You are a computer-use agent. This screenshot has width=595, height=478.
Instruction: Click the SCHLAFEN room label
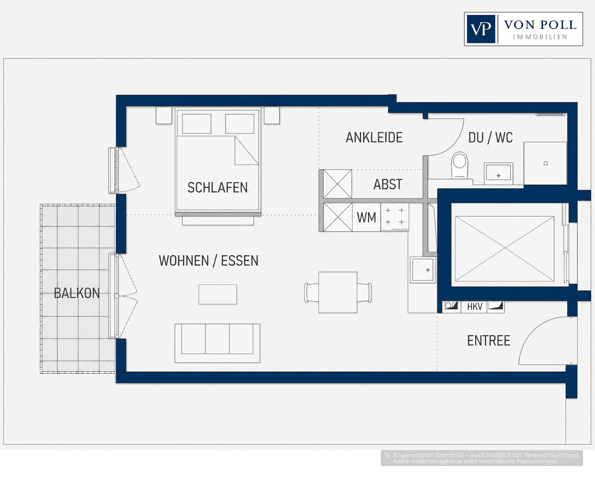click(x=217, y=188)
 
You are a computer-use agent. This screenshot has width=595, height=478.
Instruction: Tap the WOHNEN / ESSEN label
click(x=209, y=261)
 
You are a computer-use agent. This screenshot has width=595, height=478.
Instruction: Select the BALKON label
click(x=77, y=293)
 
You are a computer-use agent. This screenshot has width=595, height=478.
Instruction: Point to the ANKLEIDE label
click(x=374, y=137)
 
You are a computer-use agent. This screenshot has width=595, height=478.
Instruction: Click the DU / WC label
click(x=491, y=137)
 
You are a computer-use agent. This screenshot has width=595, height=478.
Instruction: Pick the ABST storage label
click(x=388, y=184)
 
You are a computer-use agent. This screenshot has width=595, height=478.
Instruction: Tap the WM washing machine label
click(x=367, y=217)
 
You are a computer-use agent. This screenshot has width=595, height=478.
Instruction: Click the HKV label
click(x=475, y=307)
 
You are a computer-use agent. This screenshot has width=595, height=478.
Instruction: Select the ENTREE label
click(x=489, y=341)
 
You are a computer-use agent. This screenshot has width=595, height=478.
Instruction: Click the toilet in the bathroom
click(x=459, y=165)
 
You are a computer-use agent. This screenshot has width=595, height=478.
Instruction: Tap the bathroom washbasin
click(x=499, y=173)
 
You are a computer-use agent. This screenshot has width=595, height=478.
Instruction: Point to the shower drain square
click(x=545, y=163)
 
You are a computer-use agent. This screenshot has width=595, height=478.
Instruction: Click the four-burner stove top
click(x=395, y=217)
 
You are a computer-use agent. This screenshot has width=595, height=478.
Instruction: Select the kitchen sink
click(x=423, y=270)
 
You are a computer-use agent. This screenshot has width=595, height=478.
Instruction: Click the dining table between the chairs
click(x=338, y=292)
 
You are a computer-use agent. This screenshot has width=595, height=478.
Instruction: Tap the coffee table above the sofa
click(x=218, y=294)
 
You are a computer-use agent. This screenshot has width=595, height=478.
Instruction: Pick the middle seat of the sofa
click(x=217, y=339)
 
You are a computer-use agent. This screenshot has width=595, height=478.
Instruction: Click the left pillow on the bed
click(x=197, y=124)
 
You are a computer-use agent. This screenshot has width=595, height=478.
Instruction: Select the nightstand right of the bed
click(x=271, y=115)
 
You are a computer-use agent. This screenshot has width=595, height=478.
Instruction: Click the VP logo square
click(x=481, y=29)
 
